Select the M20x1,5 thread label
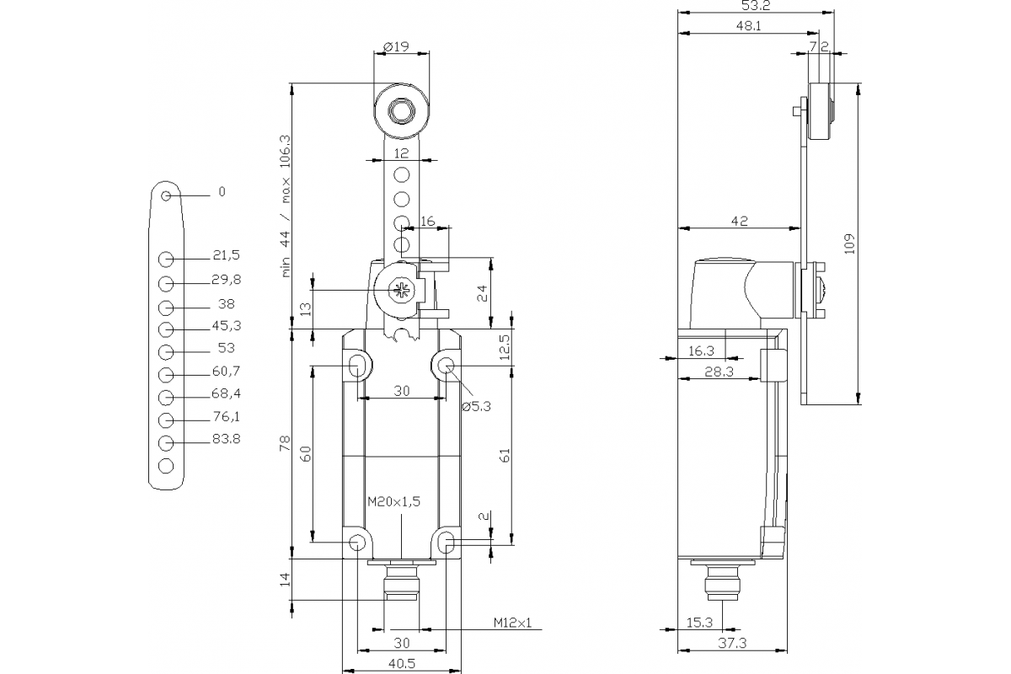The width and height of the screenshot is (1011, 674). click(393, 500)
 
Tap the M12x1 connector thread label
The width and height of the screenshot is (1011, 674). click(513, 623)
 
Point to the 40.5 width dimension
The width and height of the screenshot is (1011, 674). click(403, 663)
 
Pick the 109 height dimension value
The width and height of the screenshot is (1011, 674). click(849, 243)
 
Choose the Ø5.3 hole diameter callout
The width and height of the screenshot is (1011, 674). click(476, 406)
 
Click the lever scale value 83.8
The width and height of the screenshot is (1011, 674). click(225, 438)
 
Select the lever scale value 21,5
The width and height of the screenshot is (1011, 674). click(225, 254)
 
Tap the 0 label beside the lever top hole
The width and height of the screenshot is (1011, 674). click(222, 192)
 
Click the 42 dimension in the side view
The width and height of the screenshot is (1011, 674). click(739, 221)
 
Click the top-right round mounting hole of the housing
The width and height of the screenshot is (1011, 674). click(446, 366)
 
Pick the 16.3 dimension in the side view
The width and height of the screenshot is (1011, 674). click(701, 350)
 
